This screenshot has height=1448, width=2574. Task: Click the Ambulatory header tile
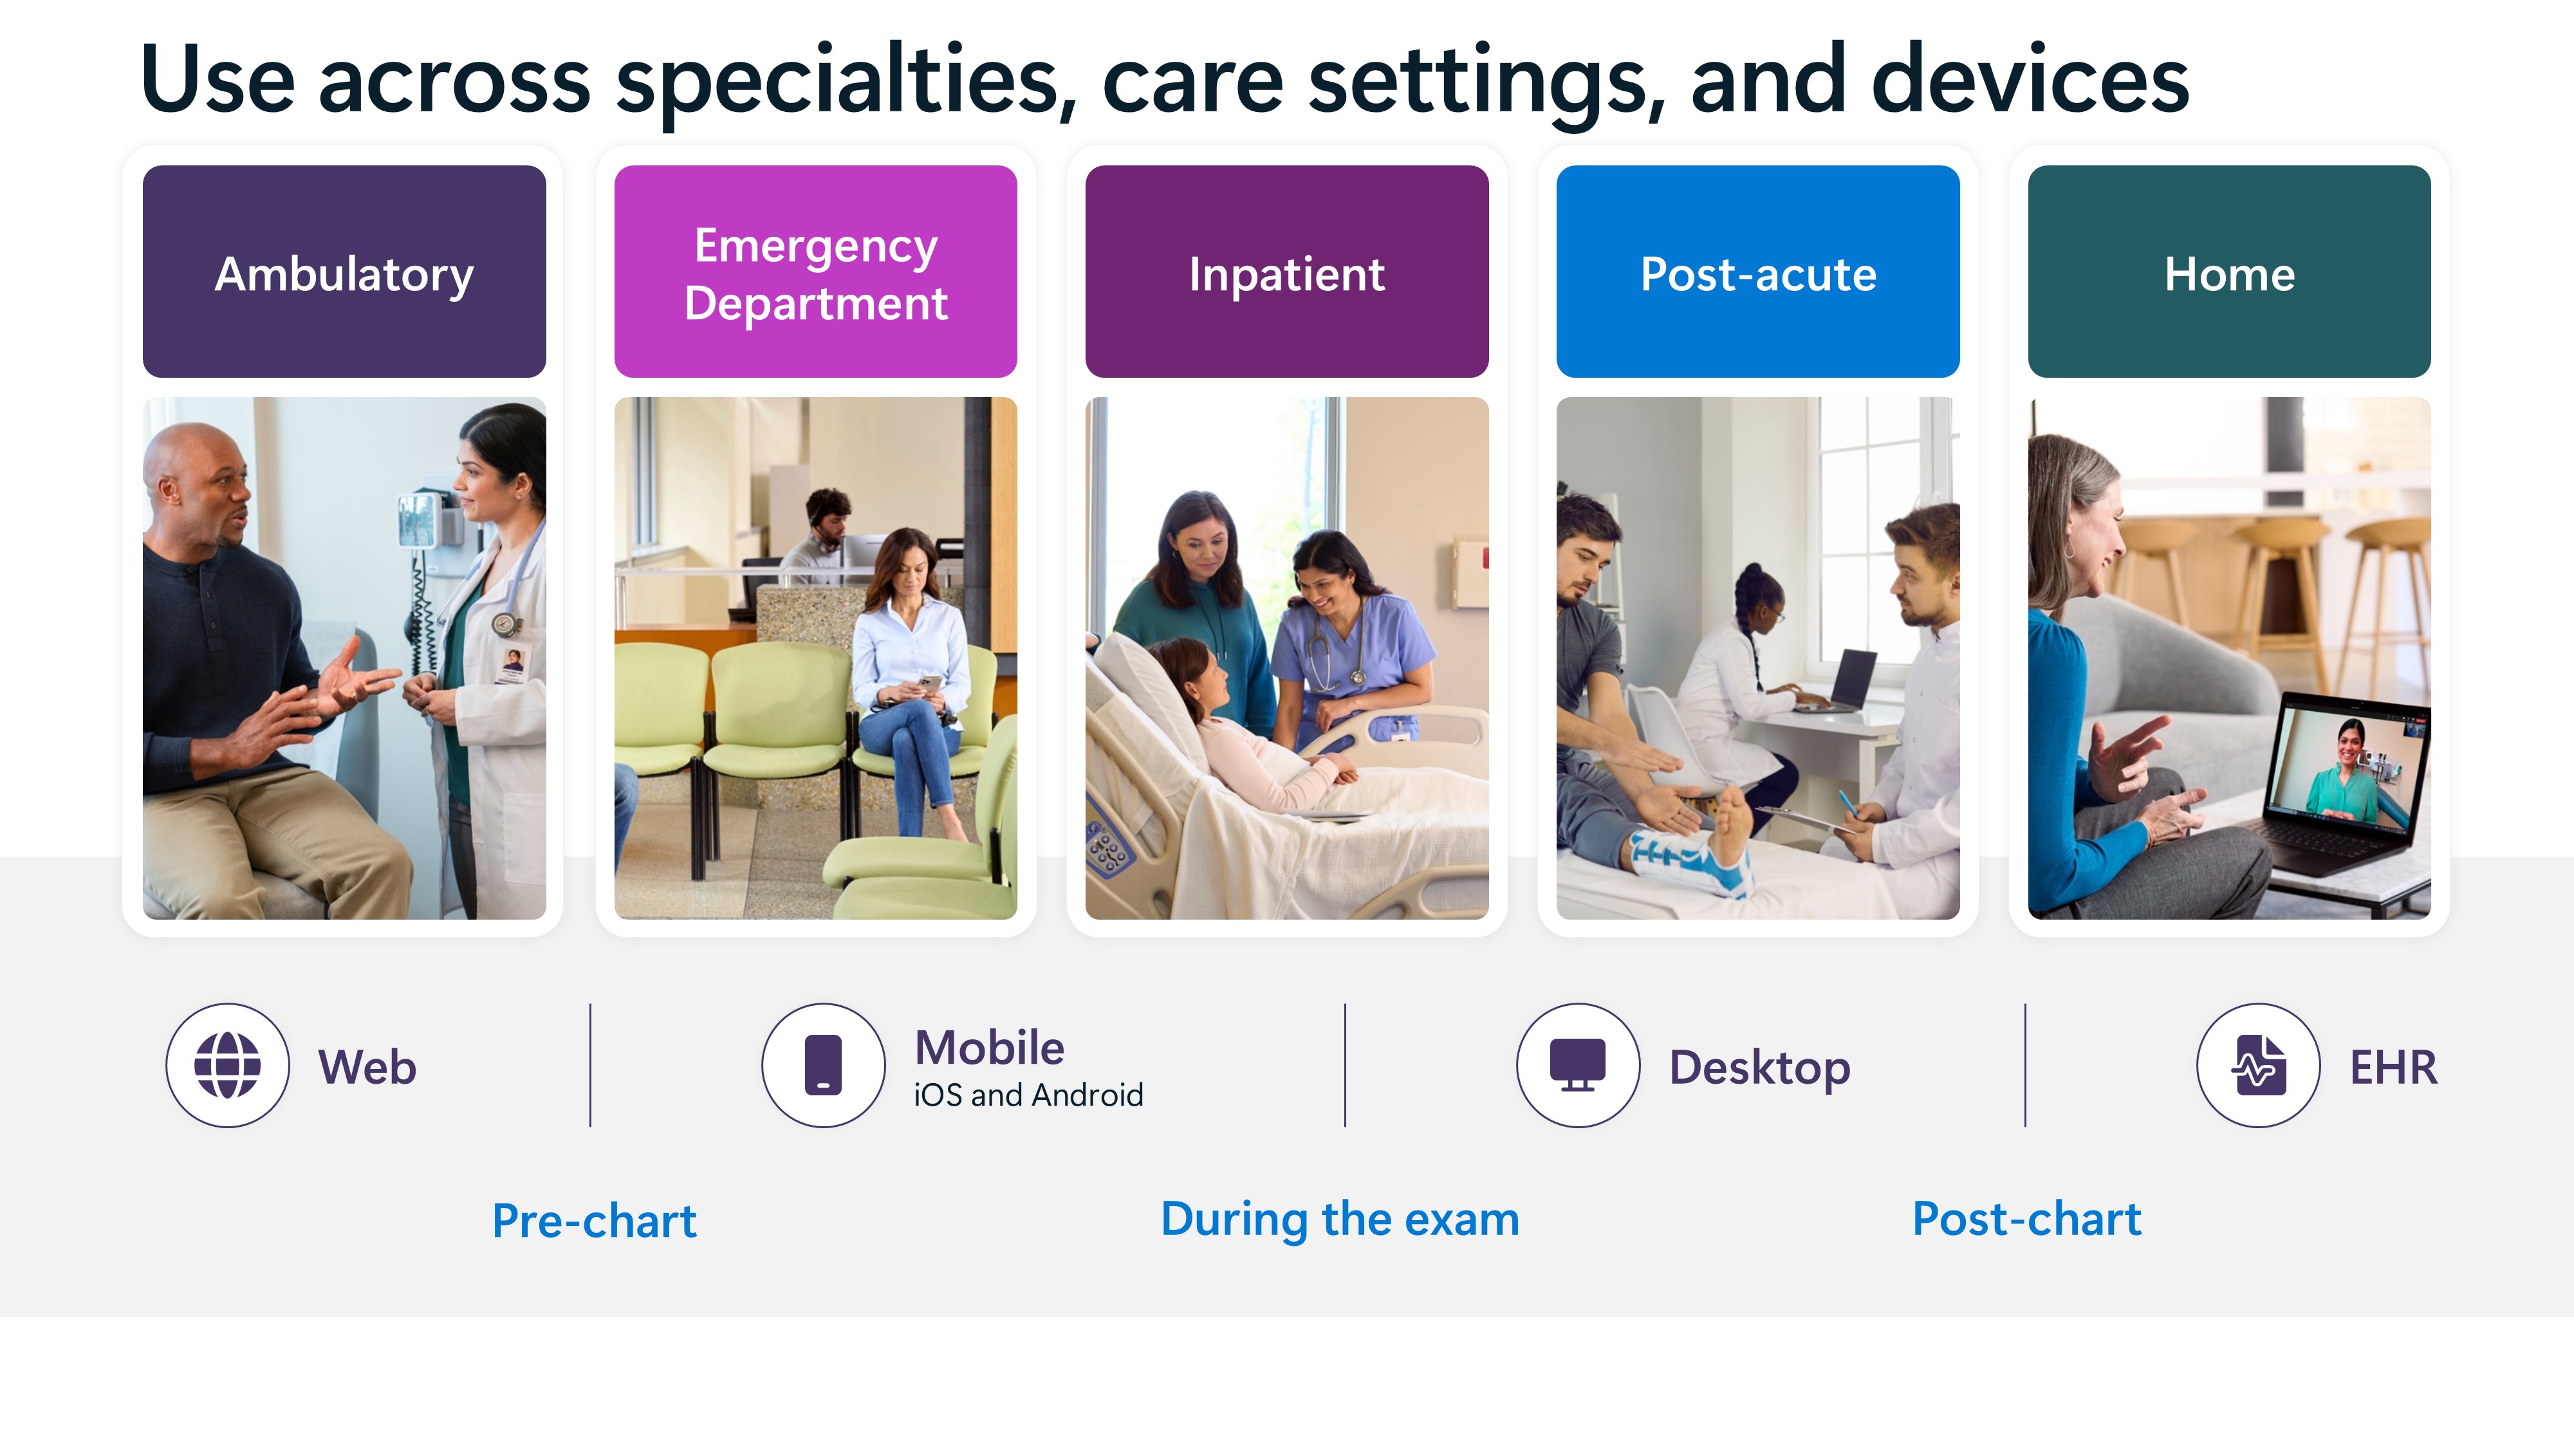tap(344, 272)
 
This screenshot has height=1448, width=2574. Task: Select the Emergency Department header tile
tap(815, 272)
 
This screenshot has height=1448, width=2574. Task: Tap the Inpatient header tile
tap(1287, 272)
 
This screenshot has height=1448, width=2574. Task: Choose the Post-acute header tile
tap(1757, 272)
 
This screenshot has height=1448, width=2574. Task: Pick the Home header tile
tap(2229, 272)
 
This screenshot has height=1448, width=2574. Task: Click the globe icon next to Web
tap(228, 1065)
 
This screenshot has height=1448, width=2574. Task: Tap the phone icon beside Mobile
tap(824, 1065)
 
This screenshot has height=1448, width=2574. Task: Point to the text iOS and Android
tap(1028, 1095)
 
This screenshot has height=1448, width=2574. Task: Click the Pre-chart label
tap(595, 1220)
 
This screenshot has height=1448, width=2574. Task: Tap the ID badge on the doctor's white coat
tap(514, 664)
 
